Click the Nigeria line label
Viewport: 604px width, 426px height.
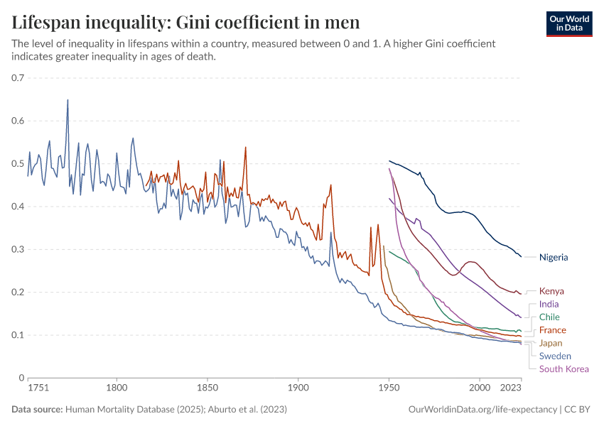[x=554, y=257]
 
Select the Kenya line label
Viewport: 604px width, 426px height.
[x=551, y=291]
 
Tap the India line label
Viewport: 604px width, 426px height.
[x=549, y=304]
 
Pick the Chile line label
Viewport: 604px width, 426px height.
[x=549, y=317]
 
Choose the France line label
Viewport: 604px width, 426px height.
[x=552, y=330]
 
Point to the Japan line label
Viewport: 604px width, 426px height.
[x=551, y=343]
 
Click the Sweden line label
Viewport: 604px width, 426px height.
[x=555, y=356]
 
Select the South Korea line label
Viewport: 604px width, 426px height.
[x=564, y=368]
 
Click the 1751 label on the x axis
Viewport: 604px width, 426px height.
[x=38, y=388]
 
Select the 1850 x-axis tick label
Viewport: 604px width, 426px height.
[x=207, y=388]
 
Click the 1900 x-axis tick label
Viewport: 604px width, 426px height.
[x=298, y=388]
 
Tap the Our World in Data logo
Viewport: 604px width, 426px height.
[x=569, y=23]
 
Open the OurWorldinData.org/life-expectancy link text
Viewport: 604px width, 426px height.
[x=482, y=410]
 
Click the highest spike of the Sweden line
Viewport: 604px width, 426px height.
[x=68, y=99]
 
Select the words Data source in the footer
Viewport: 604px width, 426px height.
[x=37, y=410]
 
